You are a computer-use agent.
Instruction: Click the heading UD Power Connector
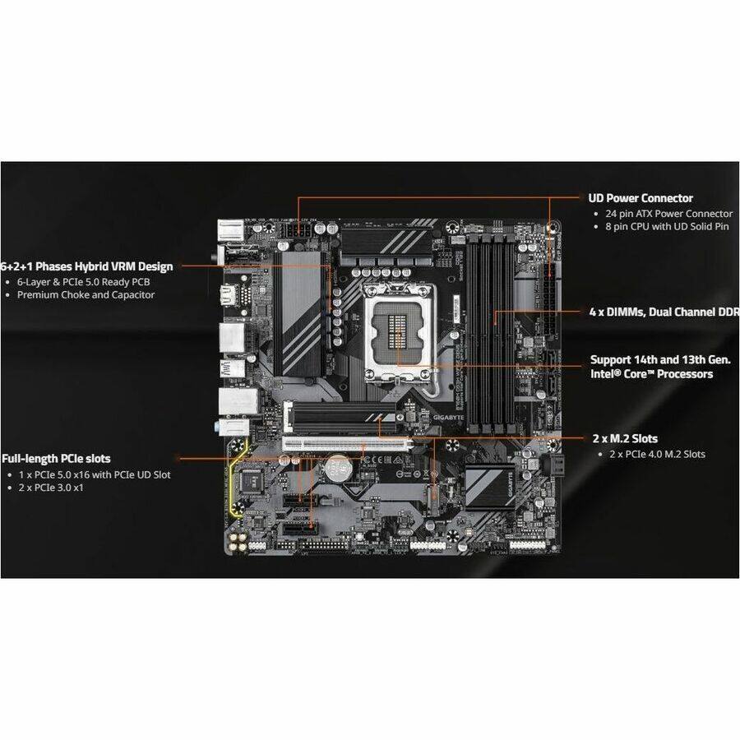point(641,198)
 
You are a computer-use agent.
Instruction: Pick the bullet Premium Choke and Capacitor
point(86,294)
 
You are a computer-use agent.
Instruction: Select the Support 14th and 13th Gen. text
point(660,360)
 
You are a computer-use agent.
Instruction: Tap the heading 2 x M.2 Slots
point(625,438)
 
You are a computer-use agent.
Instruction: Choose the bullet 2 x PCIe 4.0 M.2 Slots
point(656,454)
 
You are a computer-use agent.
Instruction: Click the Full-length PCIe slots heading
point(56,459)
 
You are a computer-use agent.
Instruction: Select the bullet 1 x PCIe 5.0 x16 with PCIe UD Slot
point(94,474)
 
